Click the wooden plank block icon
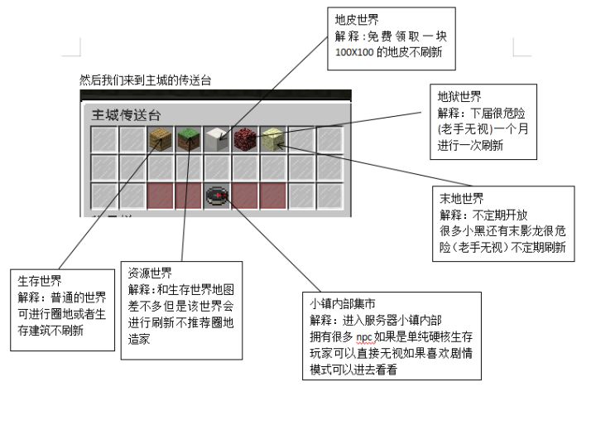160,139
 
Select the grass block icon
189,139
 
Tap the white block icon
217,139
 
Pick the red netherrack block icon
245,139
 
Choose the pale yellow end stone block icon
273,139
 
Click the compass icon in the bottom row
217,196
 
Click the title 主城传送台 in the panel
126,115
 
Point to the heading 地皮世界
357,20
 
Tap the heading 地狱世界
459,97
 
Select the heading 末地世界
461,198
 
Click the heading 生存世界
40,281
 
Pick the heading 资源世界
150,273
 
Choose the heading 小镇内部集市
343,304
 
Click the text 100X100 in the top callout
354,52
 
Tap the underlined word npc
363,337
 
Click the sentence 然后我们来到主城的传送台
145,80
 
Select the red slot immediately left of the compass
189,196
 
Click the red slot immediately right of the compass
245,196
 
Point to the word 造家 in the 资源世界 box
139,339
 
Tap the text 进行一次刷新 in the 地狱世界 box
470,145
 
